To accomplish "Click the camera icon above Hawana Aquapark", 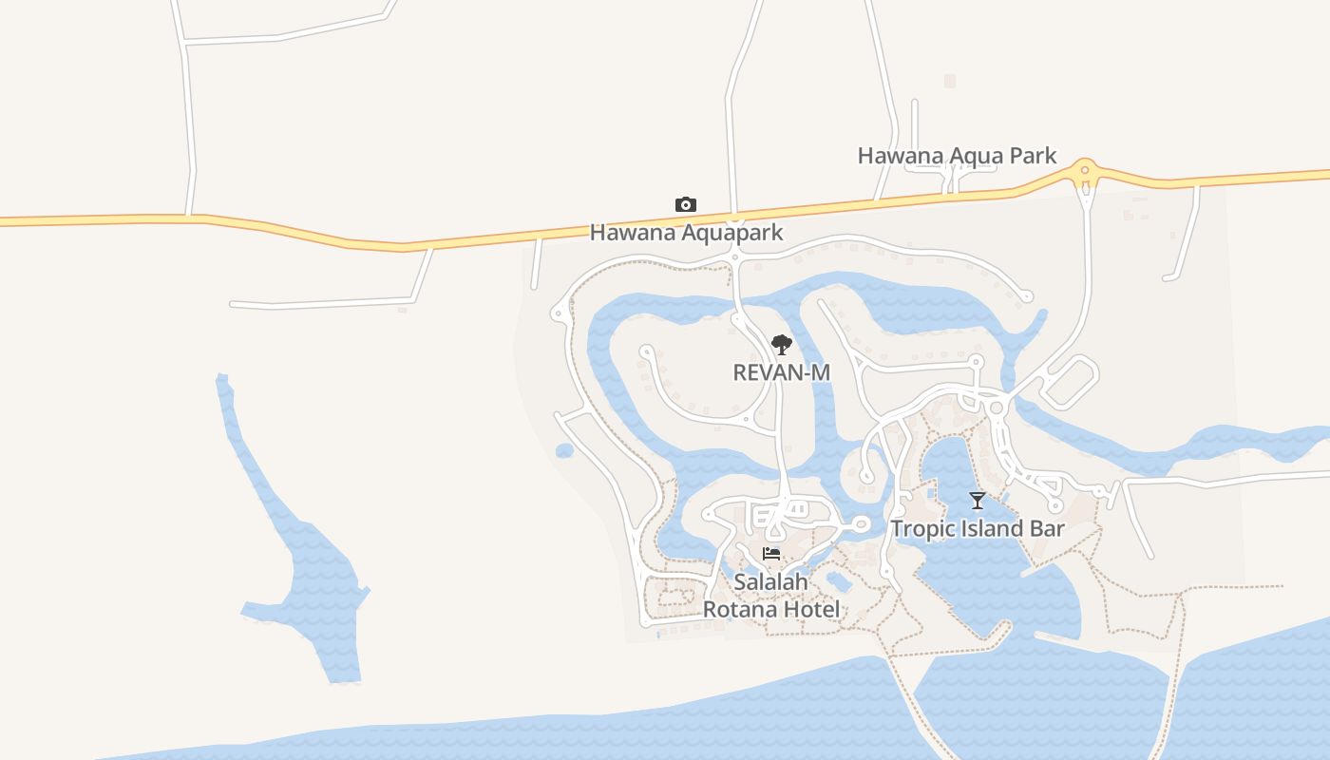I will coord(685,204).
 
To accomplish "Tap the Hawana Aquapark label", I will coord(686,232).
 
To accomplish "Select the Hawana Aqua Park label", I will coord(957,156).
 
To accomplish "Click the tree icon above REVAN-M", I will coord(781,345).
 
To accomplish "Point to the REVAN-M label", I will coord(781,372).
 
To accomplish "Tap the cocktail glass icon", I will coord(977,500).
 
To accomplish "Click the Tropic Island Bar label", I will coord(977,528).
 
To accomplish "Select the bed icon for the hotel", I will coord(771,554).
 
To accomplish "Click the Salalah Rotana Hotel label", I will coord(771,595).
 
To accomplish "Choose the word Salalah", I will coord(770,581).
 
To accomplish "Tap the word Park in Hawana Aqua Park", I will coord(1032,156).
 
